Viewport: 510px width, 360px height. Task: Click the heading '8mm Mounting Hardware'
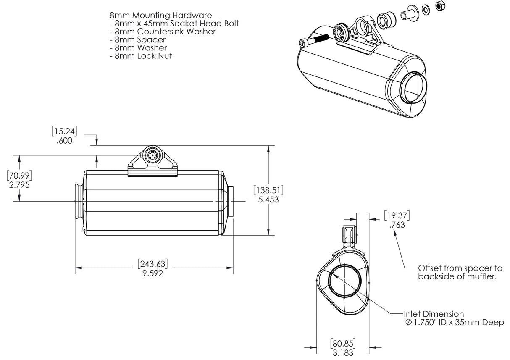coord(160,16)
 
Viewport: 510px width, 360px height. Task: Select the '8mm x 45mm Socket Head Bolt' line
coord(174,24)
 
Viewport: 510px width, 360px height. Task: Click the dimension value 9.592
coord(152,273)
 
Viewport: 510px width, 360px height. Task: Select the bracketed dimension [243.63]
coord(152,264)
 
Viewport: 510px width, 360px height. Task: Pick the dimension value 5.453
coord(268,200)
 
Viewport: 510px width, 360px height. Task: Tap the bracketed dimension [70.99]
coord(19,175)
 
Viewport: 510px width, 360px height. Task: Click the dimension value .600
coord(64,141)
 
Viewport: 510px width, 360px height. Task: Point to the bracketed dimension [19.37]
coord(397,215)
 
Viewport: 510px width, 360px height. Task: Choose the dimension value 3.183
coord(343,353)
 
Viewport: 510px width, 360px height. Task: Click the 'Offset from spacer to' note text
coord(460,268)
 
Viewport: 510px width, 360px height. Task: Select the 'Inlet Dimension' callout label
coord(434,314)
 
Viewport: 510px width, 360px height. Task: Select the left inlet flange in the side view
coord(79,201)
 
